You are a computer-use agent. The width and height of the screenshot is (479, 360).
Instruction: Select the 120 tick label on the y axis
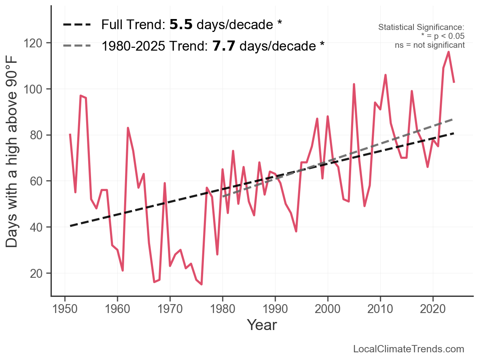click(38, 43)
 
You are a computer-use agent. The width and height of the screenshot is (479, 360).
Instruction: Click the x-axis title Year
click(262, 325)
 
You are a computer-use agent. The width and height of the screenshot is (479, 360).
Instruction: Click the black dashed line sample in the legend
click(77, 25)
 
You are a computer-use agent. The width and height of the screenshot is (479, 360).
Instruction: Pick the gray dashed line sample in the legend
click(77, 46)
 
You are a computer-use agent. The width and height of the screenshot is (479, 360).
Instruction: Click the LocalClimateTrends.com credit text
click(409, 349)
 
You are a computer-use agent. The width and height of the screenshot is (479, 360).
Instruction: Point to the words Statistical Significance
click(421, 28)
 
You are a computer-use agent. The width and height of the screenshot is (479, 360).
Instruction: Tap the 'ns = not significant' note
click(430, 45)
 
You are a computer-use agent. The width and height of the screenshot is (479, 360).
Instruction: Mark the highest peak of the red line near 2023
click(449, 52)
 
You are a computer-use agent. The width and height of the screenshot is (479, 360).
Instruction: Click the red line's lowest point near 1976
click(201, 284)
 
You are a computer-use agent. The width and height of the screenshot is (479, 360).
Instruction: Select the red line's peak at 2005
click(354, 84)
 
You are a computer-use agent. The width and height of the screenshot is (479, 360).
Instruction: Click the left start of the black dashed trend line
click(70, 226)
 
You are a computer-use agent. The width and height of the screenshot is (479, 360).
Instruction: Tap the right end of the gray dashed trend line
click(454, 119)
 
